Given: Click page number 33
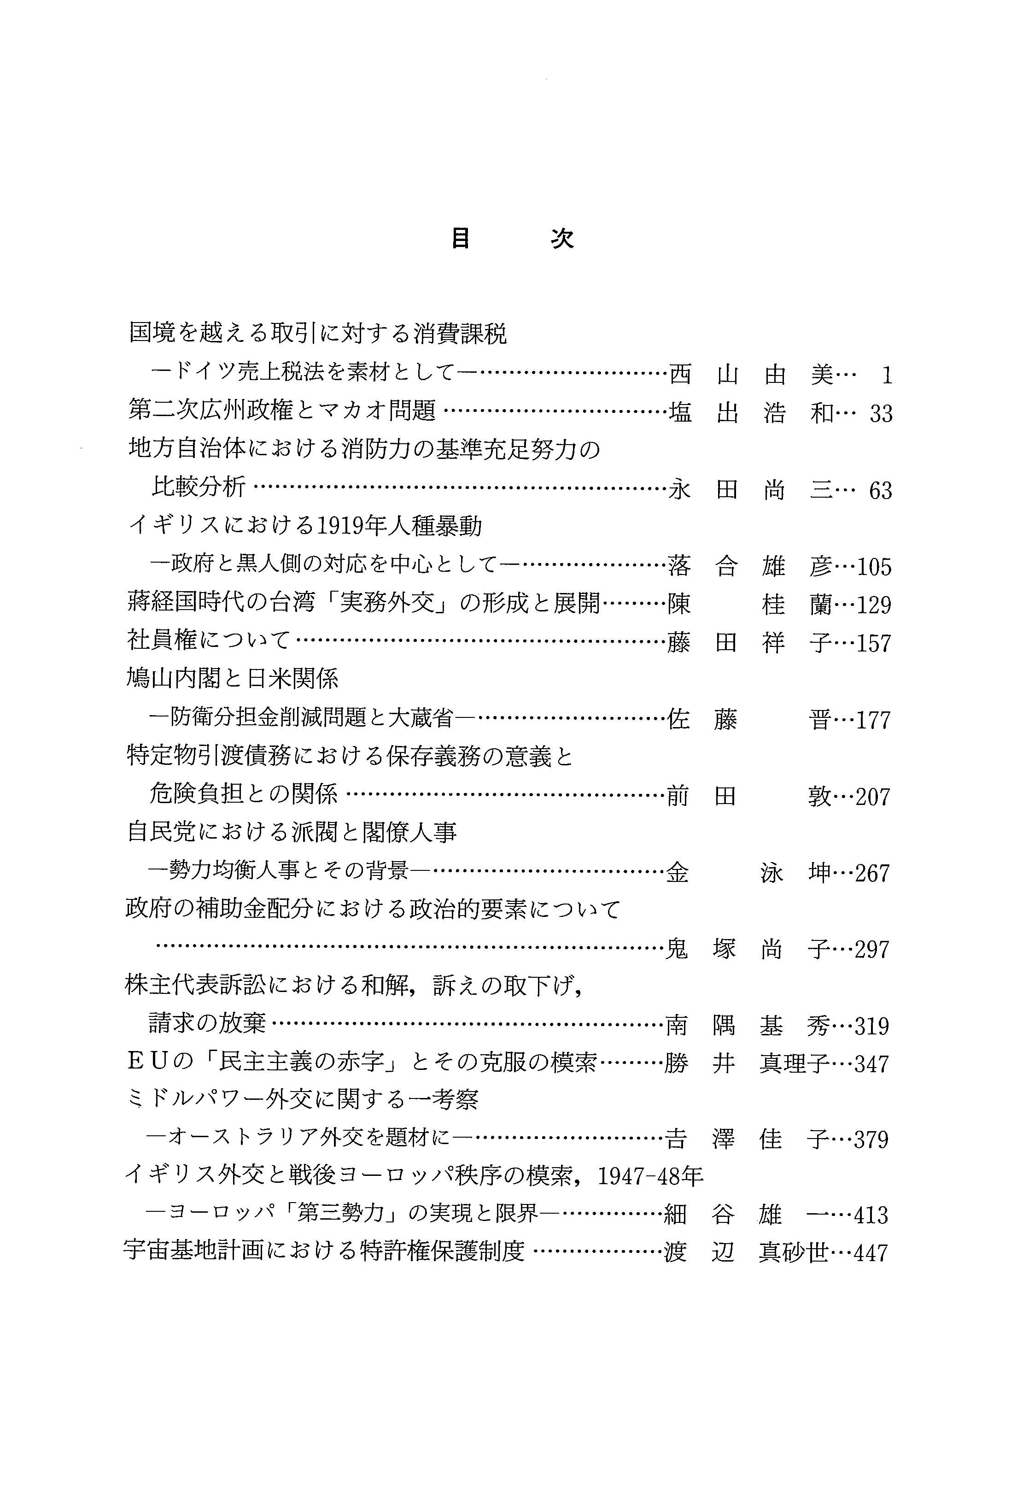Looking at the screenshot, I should point(881,414).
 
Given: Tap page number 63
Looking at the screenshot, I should point(881,490).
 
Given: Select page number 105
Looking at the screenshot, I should point(874,567).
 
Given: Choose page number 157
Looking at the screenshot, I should point(874,644).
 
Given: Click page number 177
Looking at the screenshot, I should point(873,720).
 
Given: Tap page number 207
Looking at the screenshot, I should point(873,797).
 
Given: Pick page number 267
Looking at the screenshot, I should point(872,873).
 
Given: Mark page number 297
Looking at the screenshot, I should point(872,950).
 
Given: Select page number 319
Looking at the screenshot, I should point(872,1026).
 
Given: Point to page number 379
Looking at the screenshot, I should point(871,1140).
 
